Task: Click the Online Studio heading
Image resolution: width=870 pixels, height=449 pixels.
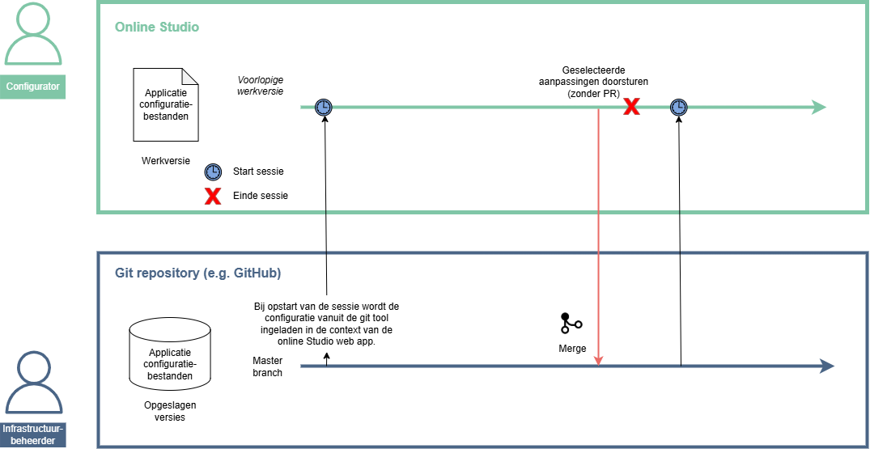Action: (x=156, y=28)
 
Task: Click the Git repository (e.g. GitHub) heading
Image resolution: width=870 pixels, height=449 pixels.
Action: (x=197, y=273)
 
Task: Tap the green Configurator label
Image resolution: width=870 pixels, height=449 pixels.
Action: (x=33, y=87)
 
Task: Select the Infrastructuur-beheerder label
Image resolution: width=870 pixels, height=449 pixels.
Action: (x=33, y=434)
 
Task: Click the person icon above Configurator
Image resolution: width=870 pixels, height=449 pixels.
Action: (x=33, y=36)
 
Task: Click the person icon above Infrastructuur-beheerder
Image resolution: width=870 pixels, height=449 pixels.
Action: (x=33, y=383)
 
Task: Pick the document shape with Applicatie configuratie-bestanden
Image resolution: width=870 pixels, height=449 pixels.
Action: (x=166, y=105)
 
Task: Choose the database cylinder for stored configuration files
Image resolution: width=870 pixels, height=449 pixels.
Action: (x=170, y=354)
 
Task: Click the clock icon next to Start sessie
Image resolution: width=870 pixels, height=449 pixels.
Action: (x=213, y=172)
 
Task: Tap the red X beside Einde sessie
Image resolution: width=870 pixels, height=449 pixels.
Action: (x=213, y=196)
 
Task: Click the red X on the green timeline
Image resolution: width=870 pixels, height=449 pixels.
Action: (x=631, y=107)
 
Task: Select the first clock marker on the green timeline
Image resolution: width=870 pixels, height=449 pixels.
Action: (x=323, y=107)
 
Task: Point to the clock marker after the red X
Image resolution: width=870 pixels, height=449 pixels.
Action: (x=679, y=107)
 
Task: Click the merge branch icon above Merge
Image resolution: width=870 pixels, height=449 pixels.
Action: (x=571, y=324)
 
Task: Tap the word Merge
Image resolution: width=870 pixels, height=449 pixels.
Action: (x=572, y=349)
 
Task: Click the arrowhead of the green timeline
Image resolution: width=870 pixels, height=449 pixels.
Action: (x=818, y=107)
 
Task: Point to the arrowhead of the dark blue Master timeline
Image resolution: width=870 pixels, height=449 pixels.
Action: (x=826, y=366)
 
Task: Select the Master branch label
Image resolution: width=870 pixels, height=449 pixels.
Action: (x=268, y=366)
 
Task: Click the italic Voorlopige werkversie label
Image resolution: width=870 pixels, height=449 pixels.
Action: (x=260, y=87)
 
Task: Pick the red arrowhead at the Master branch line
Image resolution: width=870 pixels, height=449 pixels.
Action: (x=599, y=360)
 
